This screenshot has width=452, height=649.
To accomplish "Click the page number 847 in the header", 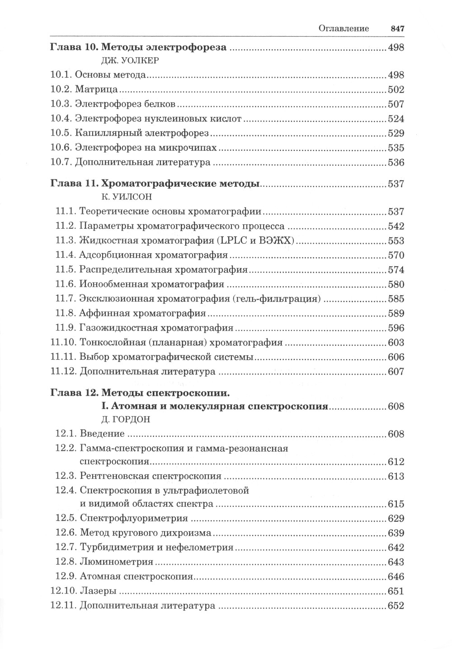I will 396,28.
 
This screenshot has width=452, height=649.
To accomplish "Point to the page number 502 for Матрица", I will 396,90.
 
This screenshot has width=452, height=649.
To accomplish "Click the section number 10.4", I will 60,119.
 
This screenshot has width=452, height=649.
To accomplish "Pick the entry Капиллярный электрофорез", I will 141,133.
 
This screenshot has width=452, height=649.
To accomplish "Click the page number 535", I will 396,148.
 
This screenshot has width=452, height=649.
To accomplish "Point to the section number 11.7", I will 65,299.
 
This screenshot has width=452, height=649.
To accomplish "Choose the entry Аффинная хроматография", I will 142,313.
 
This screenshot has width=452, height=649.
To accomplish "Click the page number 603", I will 396,343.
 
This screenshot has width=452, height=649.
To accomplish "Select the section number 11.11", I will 62,357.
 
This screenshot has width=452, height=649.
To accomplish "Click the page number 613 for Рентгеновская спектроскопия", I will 396,476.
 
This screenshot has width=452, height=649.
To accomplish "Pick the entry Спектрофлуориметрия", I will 134,519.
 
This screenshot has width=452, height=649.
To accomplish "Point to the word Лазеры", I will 98,591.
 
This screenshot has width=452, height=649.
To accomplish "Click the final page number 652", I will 396,606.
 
